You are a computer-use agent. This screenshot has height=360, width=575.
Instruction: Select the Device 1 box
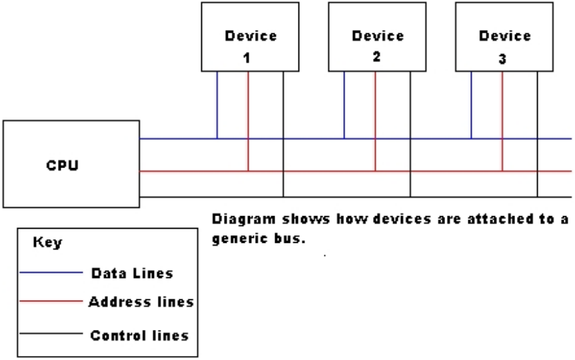tap(251, 37)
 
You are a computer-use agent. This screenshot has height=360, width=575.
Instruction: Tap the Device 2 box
tap(377, 37)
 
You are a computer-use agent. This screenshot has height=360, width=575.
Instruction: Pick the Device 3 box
tap(504, 37)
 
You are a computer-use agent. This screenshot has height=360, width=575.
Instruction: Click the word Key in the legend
tap(47, 243)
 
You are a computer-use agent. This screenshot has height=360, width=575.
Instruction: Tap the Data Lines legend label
tap(132, 273)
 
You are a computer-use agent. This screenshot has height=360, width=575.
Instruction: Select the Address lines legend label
tap(141, 302)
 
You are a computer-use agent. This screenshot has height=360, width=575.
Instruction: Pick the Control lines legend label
tap(139, 335)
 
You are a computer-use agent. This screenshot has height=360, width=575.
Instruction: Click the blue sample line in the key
tap(51, 273)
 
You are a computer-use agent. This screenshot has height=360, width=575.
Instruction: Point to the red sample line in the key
tap(51, 302)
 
